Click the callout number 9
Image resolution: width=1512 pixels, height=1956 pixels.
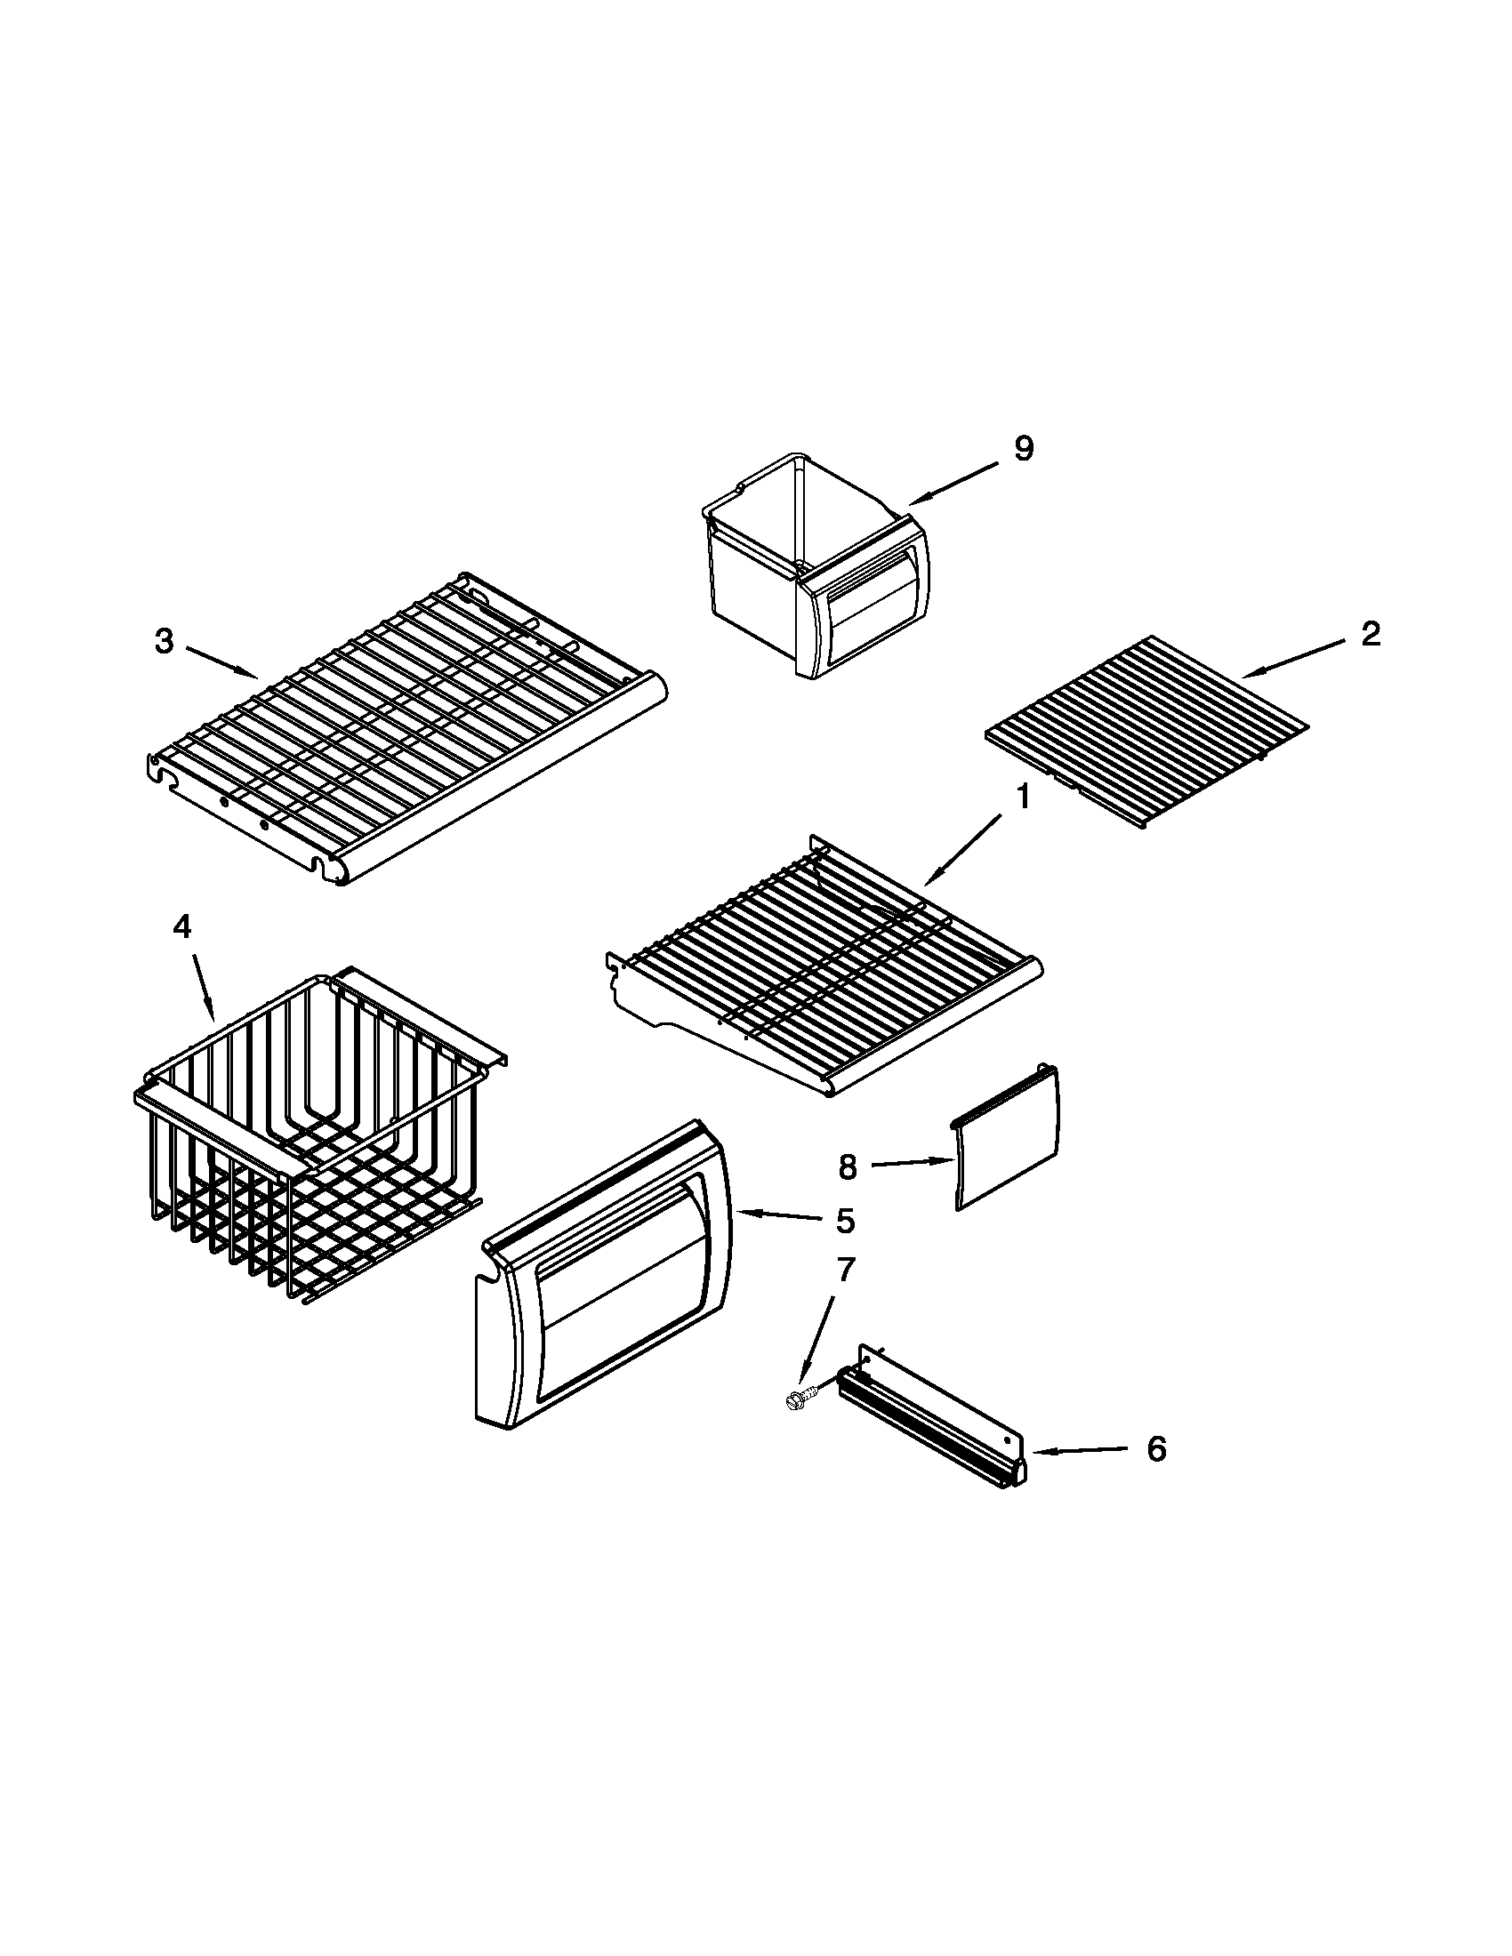[x=1024, y=448]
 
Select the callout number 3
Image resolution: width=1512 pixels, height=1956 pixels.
[x=163, y=641]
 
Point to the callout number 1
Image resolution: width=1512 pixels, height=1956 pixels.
[x=1023, y=798]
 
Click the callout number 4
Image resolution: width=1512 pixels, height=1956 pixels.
[x=181, y=929]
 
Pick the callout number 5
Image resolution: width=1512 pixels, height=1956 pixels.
[x=846, y=1221]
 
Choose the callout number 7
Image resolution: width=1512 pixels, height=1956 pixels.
[x=846, y=1268]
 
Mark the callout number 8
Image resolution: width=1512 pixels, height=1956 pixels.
[x=848, y=1166]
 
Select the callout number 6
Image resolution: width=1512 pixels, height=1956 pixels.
[x=1156, y=1448]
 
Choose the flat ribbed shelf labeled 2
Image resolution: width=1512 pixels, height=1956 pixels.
[x=1146, y=733]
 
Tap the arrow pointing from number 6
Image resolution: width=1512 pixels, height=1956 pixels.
[x=1080, y=1450]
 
